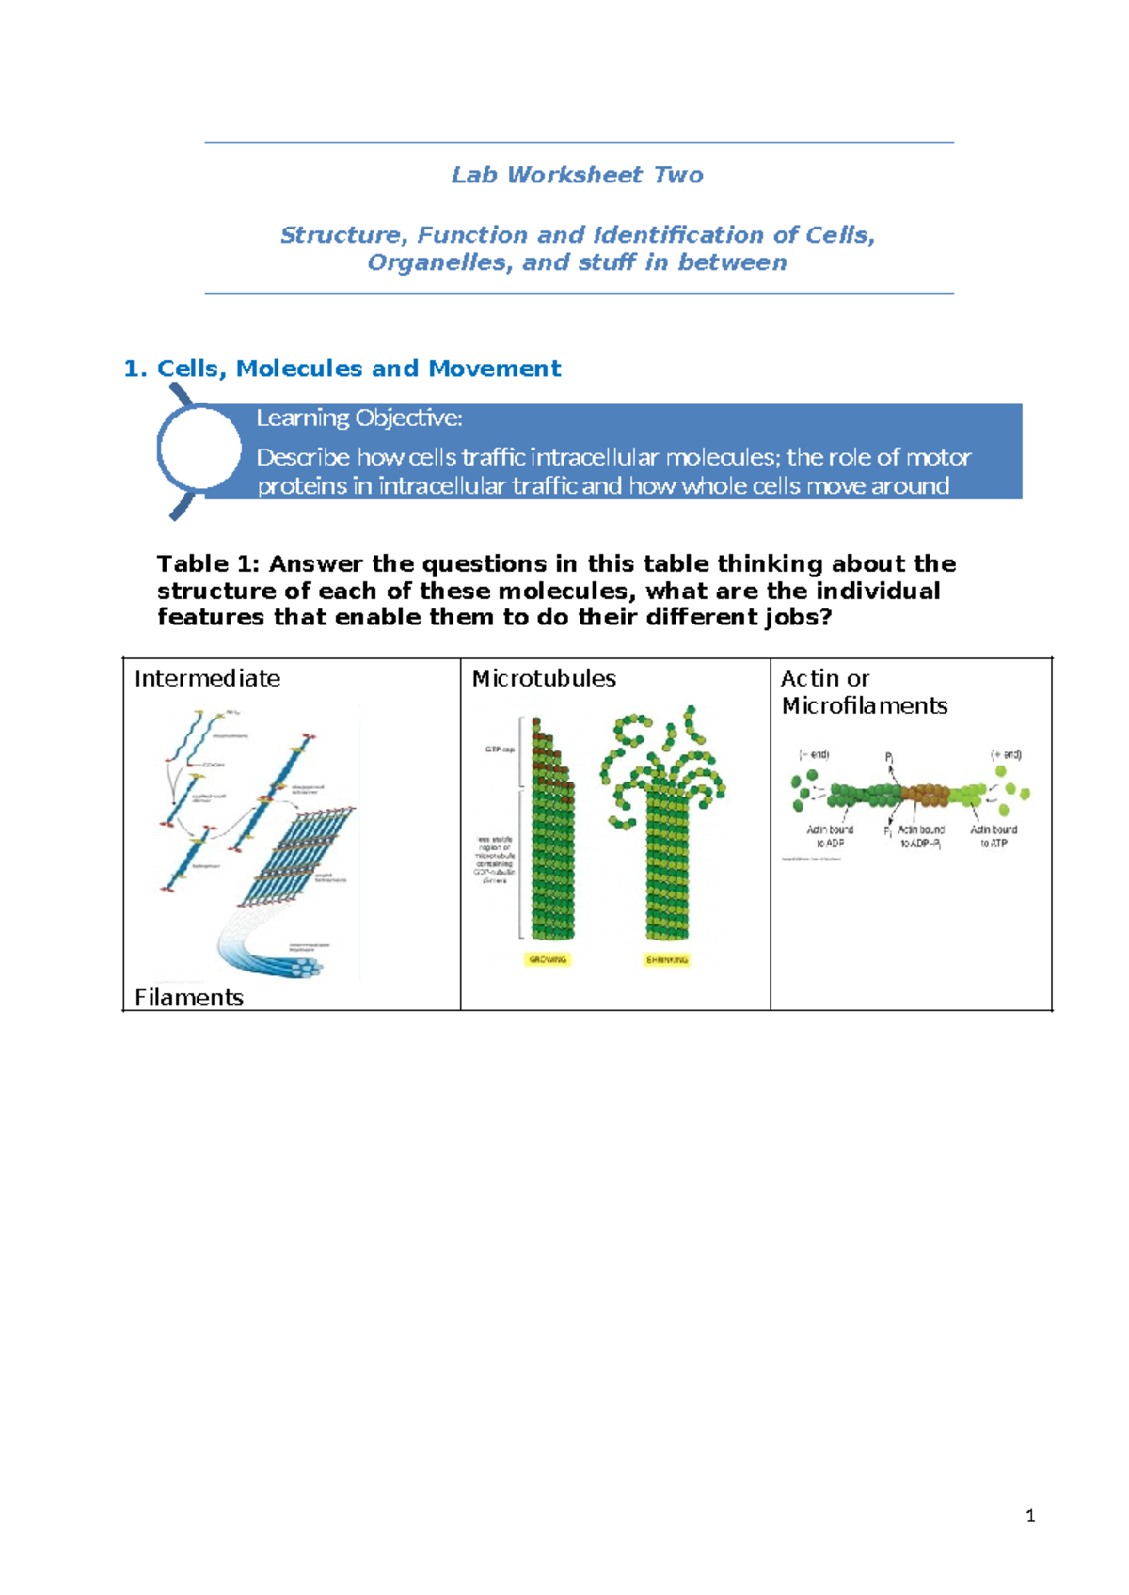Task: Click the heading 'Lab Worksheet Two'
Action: pos(577,175)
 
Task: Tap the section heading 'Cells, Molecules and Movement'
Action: pos(358,369)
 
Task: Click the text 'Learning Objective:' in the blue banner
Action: pos(358,418)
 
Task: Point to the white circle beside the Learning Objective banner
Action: pos(199,450)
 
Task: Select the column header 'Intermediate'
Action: pos(207,678)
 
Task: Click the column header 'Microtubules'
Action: pos(544,678)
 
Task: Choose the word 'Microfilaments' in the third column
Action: pos(864,705)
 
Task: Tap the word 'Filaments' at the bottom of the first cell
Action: pos(188,997)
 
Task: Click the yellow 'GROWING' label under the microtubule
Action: pos(548,959)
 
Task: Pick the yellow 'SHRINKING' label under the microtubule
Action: pos(667,959)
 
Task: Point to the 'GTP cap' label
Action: pos(500,750)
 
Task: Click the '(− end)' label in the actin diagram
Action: pos(814,754)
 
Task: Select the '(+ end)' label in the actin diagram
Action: pos(1006,754)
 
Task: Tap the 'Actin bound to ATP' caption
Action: pos(994,836)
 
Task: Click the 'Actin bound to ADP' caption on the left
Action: pos(830,836)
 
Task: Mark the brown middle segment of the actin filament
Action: pos(926,796)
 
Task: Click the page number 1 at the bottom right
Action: pos(1030,1515)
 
